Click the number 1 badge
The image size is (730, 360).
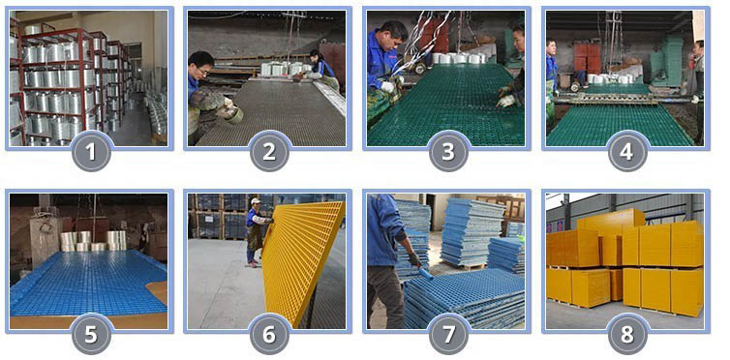(x=90, y=151)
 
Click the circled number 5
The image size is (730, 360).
(x=90, y=333)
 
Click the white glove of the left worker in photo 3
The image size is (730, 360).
(x=388, y=86)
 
